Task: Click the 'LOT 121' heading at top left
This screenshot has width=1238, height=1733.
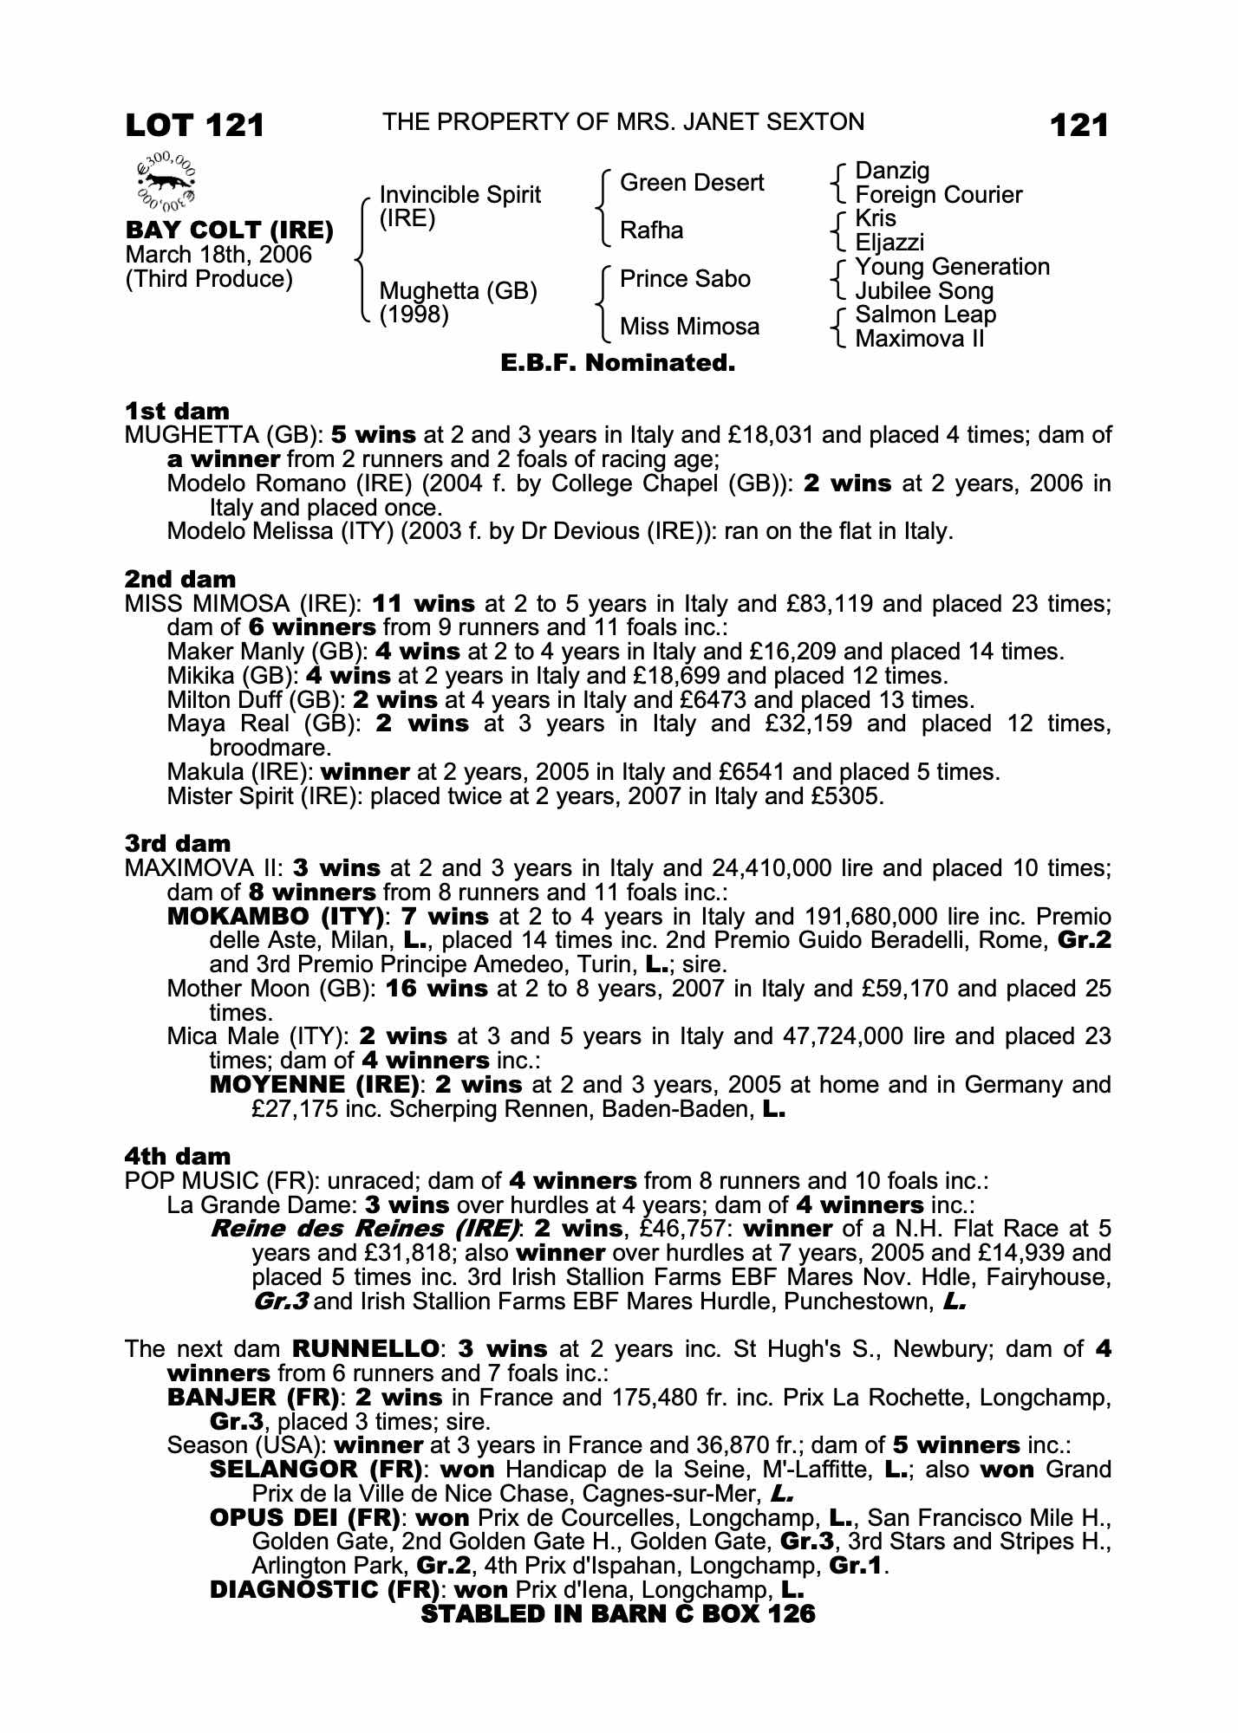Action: click(x=194, y=126)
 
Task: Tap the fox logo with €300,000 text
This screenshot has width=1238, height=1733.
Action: click(x=166, y=183)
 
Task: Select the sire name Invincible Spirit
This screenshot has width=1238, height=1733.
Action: click(x=459, y=195)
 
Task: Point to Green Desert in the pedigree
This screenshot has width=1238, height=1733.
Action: click(x=692, y=183)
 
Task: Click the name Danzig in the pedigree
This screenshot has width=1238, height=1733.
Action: click(x=892, y=171)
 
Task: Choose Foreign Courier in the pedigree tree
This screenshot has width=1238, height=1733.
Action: click(x=938, y=195)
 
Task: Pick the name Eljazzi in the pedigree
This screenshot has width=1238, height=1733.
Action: click(x=889, y=243)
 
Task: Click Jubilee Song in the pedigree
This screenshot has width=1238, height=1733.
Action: click(x=924, y=291)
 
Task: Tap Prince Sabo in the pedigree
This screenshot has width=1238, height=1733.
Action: click(x=685, y=279)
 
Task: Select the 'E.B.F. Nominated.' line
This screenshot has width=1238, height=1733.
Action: click(x=618, y=363)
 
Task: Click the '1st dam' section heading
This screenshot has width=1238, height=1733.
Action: click(x=178, y=411)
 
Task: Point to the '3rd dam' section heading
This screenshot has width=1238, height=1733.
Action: click(x=178, y=843)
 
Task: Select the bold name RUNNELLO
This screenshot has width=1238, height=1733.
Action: click(x=365, y=1349)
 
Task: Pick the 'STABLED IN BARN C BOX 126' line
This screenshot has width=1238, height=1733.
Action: click(x=618, y=1613)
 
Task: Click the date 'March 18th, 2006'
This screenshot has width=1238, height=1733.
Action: click(x=218, y=255)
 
